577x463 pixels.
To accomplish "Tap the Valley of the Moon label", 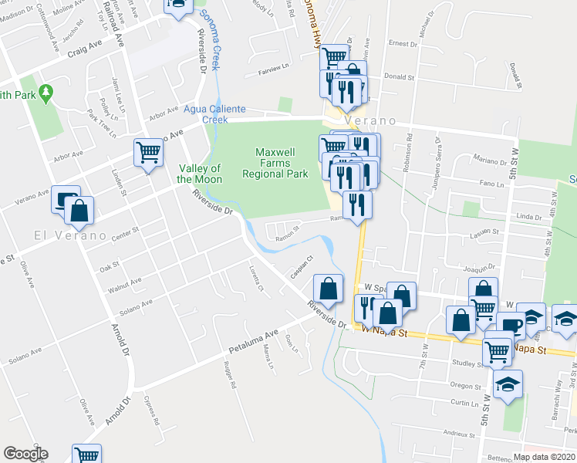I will click(x=200, y=174).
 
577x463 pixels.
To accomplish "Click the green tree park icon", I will click(x=46, y=93).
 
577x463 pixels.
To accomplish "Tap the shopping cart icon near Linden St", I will click(x=148, y=152).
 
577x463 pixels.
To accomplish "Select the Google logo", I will click(x=25, y=454).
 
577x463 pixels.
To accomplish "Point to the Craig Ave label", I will click(x=85, y=52).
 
